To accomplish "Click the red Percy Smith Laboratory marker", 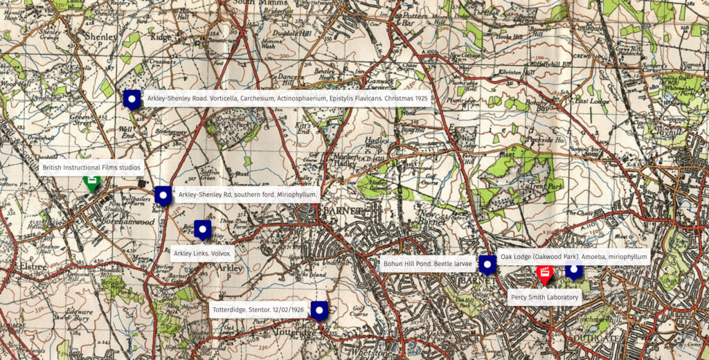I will [x=544, y=273].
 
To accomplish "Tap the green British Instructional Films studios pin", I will [x=91, y=182].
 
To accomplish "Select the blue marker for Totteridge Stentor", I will [x=318, y=311].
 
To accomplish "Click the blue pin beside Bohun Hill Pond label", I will [x=487, y=265].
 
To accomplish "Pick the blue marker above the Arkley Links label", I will [x=202, y=229].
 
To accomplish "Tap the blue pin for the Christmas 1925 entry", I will [x=132, y=100].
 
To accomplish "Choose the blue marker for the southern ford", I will [x=163, y=196].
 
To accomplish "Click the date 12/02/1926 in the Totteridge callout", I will [x=289, y=309].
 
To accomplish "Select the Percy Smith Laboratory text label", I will [x=544, y=298].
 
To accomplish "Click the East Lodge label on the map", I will [x=591, y=100].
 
